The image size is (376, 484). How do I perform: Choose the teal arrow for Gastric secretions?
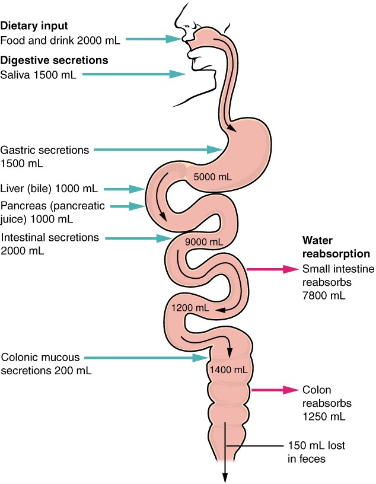(157, 149)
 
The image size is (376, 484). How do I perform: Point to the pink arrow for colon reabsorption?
(274, 390)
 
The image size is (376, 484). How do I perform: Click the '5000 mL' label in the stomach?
(205, 176)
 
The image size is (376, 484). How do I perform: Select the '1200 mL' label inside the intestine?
(190, 308)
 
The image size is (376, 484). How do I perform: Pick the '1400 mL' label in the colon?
(228, 370)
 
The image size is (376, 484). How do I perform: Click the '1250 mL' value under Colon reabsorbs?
(323, 416)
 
